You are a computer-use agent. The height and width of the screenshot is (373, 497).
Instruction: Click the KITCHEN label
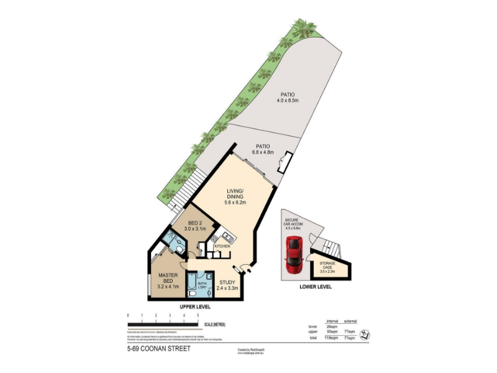[x=222, y=246]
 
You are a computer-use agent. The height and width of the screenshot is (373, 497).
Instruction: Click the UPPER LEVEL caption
[x=195, y=307]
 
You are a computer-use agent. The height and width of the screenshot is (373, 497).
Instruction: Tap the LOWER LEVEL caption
[x=316, y=287]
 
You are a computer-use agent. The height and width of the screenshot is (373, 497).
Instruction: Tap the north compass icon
[x=367, y=334]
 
